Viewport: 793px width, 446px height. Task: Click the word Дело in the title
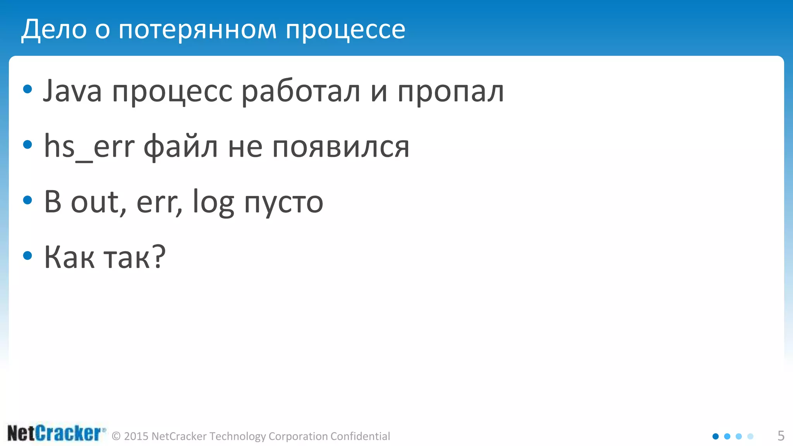click(54, 29)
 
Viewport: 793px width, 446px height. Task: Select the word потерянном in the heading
click(198, 29)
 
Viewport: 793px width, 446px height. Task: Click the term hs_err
click(89, 147)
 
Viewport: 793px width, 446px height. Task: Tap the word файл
click(180, 147)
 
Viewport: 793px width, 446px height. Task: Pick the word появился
click(341, 147)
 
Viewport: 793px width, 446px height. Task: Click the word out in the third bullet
click(98, 202)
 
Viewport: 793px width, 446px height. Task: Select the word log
click(213, 203)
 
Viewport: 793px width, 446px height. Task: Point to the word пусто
click(284, 203)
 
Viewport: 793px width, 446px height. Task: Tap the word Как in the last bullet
click(69, 257)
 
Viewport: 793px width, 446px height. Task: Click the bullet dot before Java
click(27, 89)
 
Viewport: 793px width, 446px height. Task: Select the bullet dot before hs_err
click(27, 145)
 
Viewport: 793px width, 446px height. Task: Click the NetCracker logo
click(56, 433)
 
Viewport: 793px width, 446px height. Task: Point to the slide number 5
click(781, 436)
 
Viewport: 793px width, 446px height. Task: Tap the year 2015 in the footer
click(136, 436)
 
